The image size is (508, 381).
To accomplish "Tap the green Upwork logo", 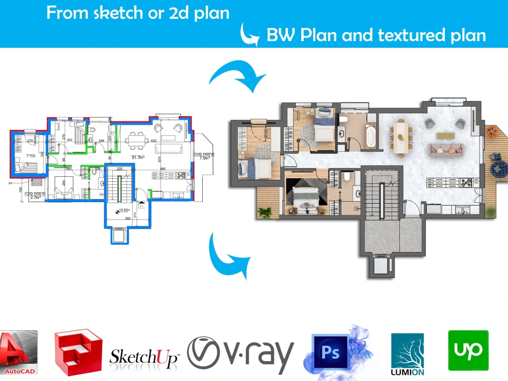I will (468, 350).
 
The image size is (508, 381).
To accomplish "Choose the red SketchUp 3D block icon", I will (78, 351).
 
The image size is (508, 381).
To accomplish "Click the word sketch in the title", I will (115, 13).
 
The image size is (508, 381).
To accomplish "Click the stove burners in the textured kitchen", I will (465, 182).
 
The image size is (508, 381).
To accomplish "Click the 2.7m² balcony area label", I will (35, 197).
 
